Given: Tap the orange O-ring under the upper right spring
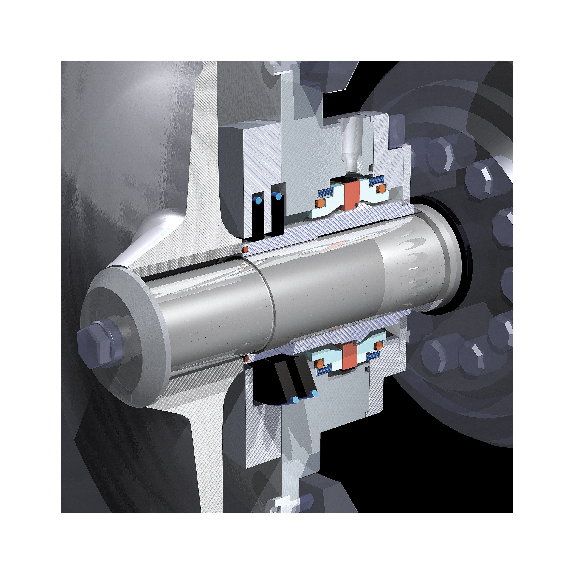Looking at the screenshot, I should point(381,189).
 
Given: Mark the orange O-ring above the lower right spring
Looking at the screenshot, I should point(379,345).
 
